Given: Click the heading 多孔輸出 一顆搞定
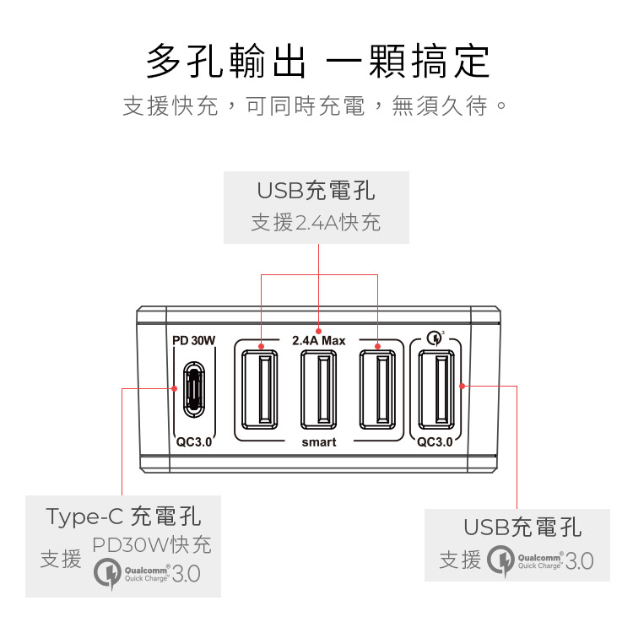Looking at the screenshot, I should (x=316, y=61).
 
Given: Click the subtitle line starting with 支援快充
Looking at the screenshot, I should (x=316, y=107).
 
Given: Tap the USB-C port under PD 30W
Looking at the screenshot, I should (x=195, y=389).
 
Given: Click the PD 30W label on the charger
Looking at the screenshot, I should (x=194, y=341).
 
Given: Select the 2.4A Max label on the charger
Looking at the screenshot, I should (x=319, y=341).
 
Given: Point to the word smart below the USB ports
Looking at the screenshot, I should (x=319, y=442).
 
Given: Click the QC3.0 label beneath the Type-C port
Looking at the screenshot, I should (x=194, y=441).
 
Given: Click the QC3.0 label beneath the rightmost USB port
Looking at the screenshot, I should (x=435, y=441).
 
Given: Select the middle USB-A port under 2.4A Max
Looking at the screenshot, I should (x=319, y=388).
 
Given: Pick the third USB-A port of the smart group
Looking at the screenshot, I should (x=377, y=388).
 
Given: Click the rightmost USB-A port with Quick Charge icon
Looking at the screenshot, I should (x=435, y=388).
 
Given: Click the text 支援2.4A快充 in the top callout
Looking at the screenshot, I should (x=316, y=223).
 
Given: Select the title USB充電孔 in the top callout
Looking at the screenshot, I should (x=316, y=191).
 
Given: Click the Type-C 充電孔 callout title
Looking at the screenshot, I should (x=123, y=516).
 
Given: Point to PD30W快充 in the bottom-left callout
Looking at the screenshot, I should (x=152, y=544).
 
